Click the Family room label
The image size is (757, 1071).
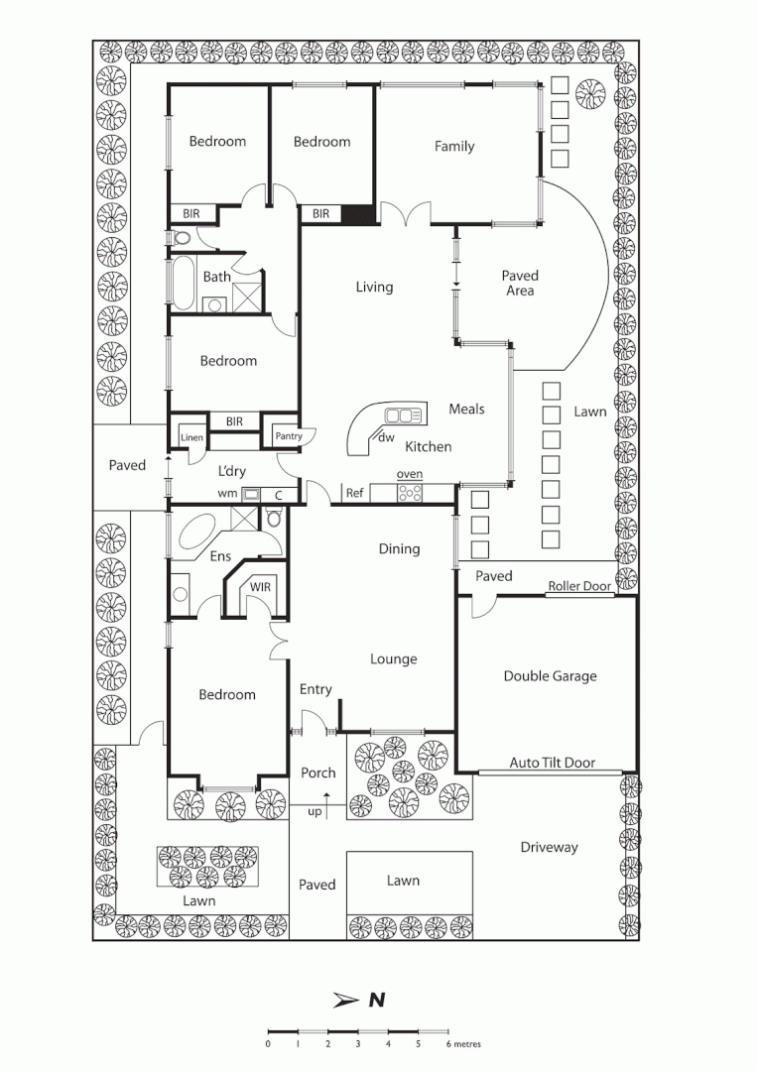coord(454,147)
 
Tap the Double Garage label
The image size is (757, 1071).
coord(550,676)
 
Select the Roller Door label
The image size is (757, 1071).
coord(579,586)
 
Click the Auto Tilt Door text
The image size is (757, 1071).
coord(553,763)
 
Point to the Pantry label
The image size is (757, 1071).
coord(288,435)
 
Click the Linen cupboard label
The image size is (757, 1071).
coord(191,437)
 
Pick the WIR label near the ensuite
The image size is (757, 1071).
coord(260,587)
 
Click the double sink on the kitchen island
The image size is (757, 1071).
coord(404,414)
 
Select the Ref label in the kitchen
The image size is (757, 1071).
coord(353,493)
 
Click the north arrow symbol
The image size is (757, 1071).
coord(346,1000)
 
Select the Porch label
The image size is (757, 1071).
coord(317,773)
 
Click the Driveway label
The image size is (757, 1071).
coord(549,848)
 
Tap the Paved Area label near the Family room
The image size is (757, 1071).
coord(519,283)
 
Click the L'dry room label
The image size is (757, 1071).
coord(231,471)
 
